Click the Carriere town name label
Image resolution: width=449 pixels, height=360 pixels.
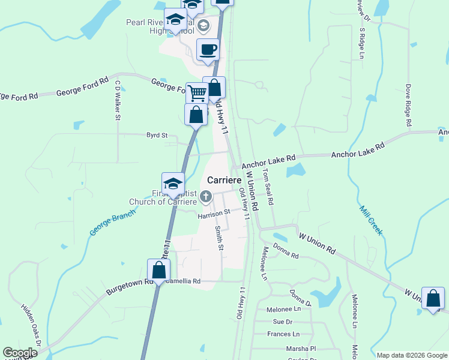[224, 180]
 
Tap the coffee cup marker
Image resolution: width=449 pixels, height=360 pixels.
[208, 50]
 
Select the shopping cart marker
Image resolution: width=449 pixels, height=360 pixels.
[196, 93]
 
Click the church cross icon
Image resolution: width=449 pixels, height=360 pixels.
[206, 196]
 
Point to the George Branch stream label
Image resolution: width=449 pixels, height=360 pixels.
[112, 223]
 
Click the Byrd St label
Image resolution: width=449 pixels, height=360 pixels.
[157, 136]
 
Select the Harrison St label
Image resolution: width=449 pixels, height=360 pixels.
[214, 213]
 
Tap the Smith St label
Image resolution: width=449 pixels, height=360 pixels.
[220, 238]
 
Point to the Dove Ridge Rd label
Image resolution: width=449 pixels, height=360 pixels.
[408, 105]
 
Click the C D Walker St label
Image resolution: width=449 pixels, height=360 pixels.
[118, 100]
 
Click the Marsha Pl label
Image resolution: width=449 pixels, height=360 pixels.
[301, 348]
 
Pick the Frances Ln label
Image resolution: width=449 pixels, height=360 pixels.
[283, 334]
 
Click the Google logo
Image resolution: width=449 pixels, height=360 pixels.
[20, 353]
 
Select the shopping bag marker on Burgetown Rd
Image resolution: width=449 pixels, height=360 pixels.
[158, 271]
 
